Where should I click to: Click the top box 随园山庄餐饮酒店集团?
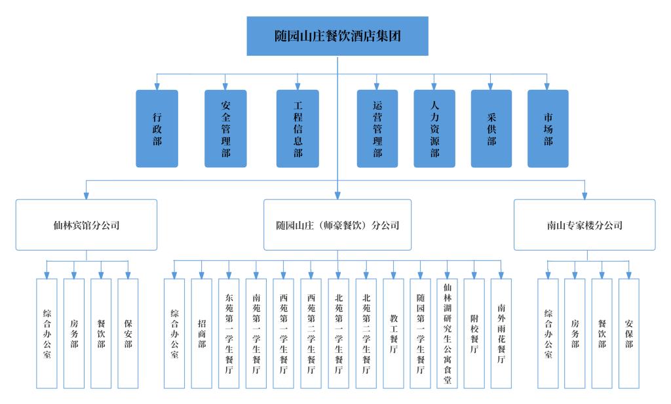pos(337,36)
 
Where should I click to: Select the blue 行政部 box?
pos(157,129)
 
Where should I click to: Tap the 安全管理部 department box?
pos(225,129)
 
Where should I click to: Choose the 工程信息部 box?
pos(297,129)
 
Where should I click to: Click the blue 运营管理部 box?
pos(377,129)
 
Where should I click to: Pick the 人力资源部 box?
pos(434,129)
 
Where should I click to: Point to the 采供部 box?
pos(491,129)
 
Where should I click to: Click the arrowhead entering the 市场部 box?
pos(547,87)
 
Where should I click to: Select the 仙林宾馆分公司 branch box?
pos(86,225)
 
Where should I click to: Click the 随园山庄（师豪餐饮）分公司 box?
pos(337,225)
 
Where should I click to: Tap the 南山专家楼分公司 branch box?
pos(585,225)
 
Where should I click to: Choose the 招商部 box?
pos(202,334)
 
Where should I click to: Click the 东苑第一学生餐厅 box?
pos(229,334)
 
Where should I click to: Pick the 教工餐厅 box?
pos(393,334)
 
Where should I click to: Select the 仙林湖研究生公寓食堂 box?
pos(447,334)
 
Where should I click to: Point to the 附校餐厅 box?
pos(474,334)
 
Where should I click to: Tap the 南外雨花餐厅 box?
pos(501,334)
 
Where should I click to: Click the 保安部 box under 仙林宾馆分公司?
pos(128,334)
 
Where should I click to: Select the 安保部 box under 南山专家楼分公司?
pos(628,334)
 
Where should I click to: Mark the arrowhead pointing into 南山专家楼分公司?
pos(585,196)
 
